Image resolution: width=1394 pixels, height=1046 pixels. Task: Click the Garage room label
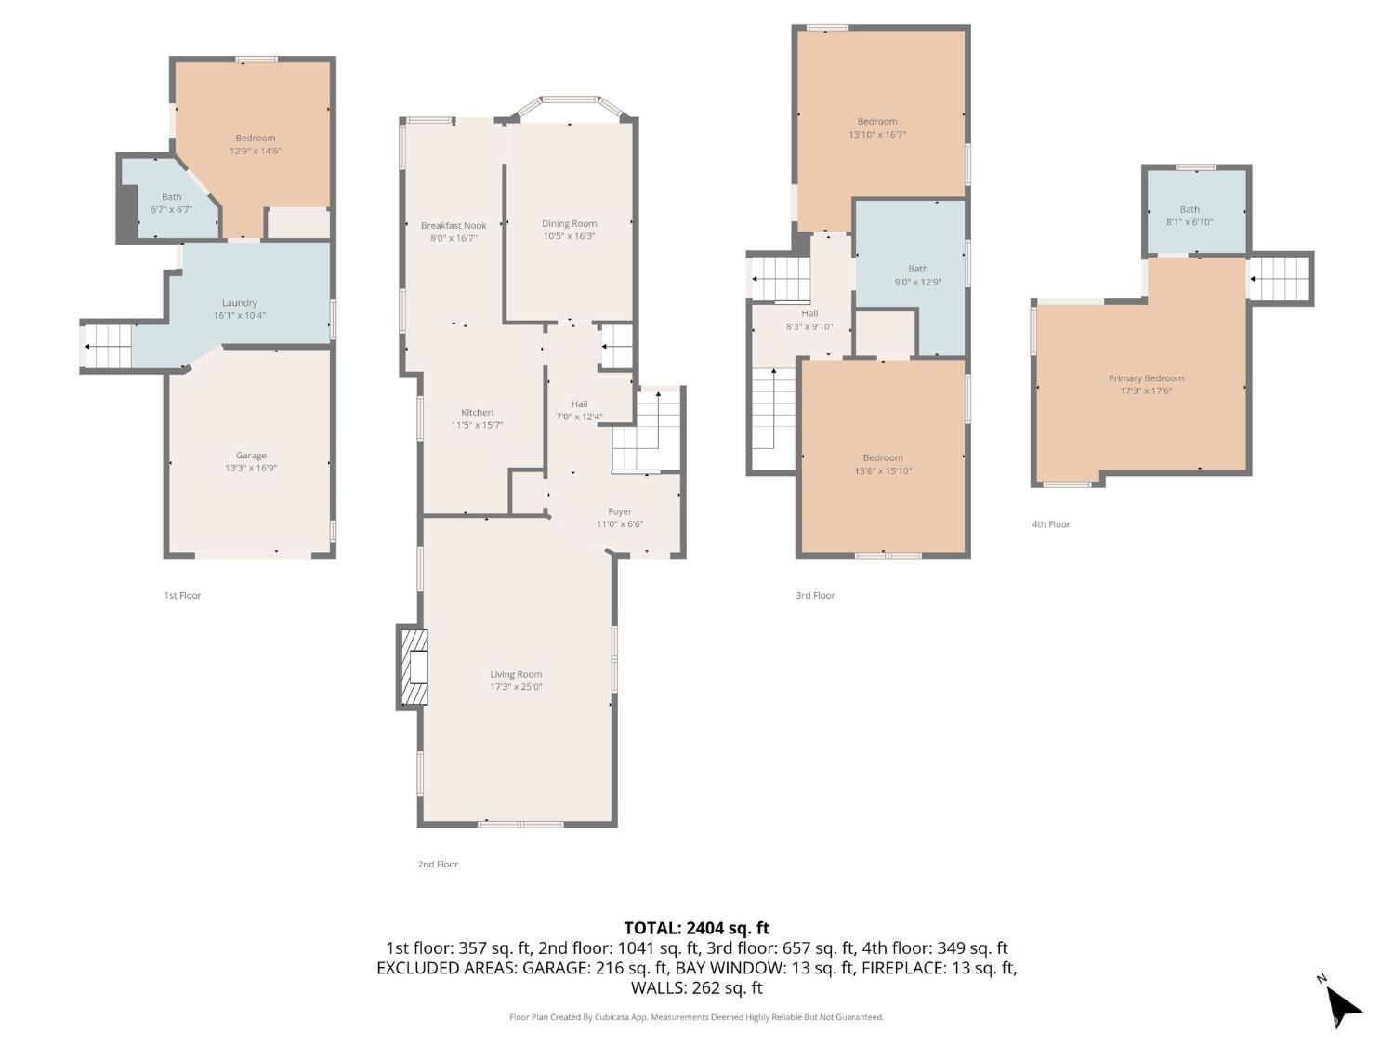click(x=251, y=456)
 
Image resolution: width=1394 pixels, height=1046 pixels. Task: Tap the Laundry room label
click(x=240, y=303)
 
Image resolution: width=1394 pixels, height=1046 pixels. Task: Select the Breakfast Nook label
click(x=454, y=226)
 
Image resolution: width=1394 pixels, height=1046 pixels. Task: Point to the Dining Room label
click(x=569, y=224)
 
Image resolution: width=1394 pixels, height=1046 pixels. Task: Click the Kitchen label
click(x=477, y=413)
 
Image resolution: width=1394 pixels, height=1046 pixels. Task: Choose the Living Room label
click(x=516, y=675)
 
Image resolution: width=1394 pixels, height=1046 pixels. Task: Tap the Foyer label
click(x=620, y=512)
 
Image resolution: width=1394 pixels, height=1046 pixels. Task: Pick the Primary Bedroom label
click(x=1146, y=378)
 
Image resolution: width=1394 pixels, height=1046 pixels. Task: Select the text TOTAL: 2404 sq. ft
click(x=696, y=928)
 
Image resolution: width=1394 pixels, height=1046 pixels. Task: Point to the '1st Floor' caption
click(x=182, y=596)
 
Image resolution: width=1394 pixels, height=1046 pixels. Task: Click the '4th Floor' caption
click(x=1051, y=524)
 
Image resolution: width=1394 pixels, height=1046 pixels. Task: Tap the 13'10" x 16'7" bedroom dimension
click(x=877, y=135)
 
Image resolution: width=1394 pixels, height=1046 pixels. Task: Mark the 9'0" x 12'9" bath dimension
click(x=917, y=282)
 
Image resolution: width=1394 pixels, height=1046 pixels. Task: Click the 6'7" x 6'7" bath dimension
click(x=171, y=210)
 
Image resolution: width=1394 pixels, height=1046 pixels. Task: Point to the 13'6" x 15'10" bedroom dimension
click(x=882, y=471)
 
